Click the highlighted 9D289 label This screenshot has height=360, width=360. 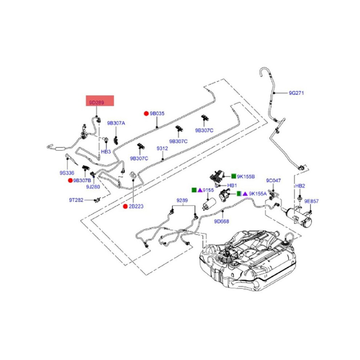(x=97, y=103)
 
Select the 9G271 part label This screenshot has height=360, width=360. (x=296, y=93)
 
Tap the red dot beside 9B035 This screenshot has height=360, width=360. (x=146, y=113)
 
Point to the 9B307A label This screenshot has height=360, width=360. (x=116, y=123)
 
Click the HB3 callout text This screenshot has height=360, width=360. (x=106, y=152)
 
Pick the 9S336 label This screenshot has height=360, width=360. (x=67, y=173)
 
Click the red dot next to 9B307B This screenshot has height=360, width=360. (x=70, y=180)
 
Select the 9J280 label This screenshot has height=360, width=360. (x=93, y=187)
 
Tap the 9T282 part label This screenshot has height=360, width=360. (x=76, y=200)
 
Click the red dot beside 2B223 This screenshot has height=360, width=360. (x=125, y=207)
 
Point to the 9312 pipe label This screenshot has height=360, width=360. (x=162, y=149)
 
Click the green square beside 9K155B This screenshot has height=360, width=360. (x=233, y=176)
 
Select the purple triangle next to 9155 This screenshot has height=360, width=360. (x=200, y=190)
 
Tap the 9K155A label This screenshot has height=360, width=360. (x=258, y=194)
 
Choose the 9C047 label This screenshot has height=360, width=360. (x=273, y=181)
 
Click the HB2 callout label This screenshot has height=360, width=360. (x=300, y=186)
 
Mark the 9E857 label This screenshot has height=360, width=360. (x=311, y=201)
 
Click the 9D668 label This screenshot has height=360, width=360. (x=221, y=221)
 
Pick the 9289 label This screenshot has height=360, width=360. (x=182, y=200)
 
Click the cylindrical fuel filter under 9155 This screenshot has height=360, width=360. (x=209, y=204)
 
